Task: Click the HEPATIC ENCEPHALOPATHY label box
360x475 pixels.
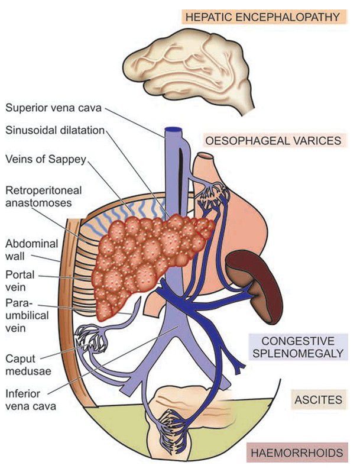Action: pyautogui.click(x=263, y=17)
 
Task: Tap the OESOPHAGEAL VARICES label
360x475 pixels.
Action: pyautogui.click(x=273, y=141)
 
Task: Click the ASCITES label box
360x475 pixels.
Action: pyautogui.click(x=318, y=400)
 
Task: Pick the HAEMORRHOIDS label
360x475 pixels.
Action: pyautogui.click(x=295, y=454)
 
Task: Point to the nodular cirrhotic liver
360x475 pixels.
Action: pyautogui.click(x=148, y=254)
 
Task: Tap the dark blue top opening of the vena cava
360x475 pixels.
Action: pyautogui.click(x=173, y=130)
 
